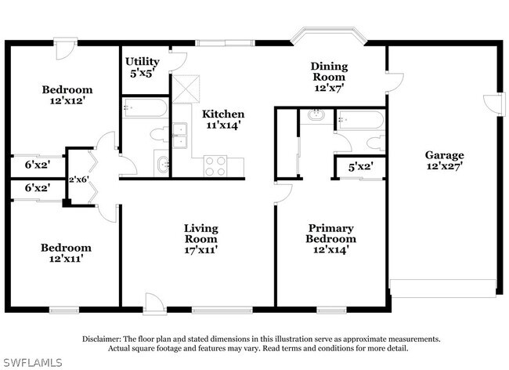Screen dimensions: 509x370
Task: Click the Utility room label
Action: coord(143,61)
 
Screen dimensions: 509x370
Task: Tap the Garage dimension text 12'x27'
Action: coord(445,166)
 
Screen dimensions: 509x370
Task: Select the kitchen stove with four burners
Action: coord(215,166)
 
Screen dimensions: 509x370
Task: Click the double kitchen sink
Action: coord(179,135)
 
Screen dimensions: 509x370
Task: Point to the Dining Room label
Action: coord(329,71)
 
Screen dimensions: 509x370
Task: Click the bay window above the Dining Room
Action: coord(329,35)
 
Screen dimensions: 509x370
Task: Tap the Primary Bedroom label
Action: coord(330,234)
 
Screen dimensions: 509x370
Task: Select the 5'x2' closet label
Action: coord(361,167)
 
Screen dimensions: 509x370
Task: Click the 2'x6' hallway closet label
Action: coord(79,180)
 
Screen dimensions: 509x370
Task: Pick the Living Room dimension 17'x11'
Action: coord(201,250)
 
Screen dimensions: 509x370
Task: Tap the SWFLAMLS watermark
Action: coord(31,362)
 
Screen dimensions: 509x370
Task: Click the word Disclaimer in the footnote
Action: coord(102,339)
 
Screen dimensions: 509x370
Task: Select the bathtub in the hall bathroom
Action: coord(145,108)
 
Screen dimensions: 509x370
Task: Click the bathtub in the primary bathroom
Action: coord(361,120)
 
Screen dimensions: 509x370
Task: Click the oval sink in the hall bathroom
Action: coord(162,165)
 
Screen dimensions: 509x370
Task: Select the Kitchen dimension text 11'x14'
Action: coord(223,125)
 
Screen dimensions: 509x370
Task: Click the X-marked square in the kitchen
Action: coord(186,89)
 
